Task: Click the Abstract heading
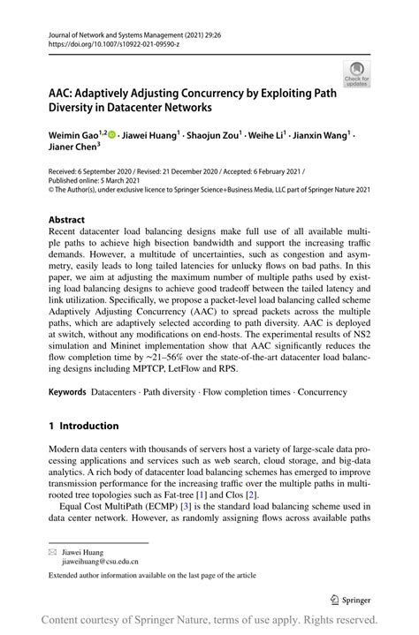coord(66,219)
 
